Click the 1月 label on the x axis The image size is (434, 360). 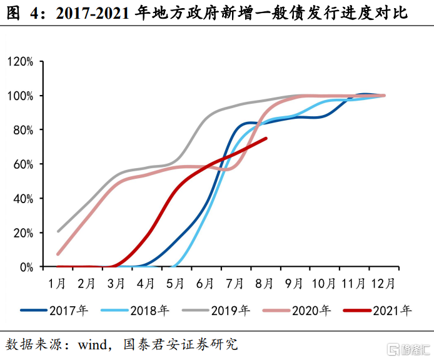(58, 283)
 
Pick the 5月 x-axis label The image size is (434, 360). (175, 283)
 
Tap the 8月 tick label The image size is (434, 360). (264, 283)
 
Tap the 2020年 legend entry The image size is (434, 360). (310, 309)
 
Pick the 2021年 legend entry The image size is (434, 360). (391, 309)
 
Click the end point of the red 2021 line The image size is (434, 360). (267, 138)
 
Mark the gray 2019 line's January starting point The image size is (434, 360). (58, 231)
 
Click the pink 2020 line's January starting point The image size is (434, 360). (58, 254)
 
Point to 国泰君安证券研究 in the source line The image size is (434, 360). (181, 344)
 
